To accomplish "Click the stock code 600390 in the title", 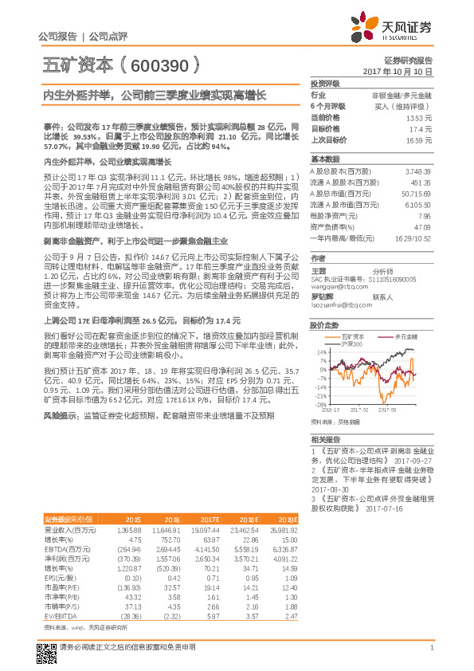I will [147, 66].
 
